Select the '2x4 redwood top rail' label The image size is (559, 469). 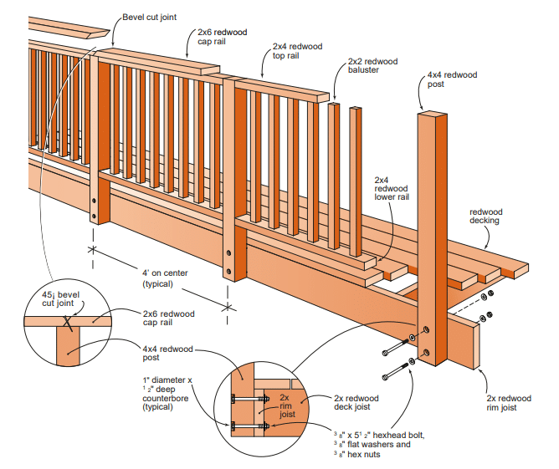point(297,52)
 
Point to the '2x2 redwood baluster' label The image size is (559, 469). point(372,66)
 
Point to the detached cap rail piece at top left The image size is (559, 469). point(71,30)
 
